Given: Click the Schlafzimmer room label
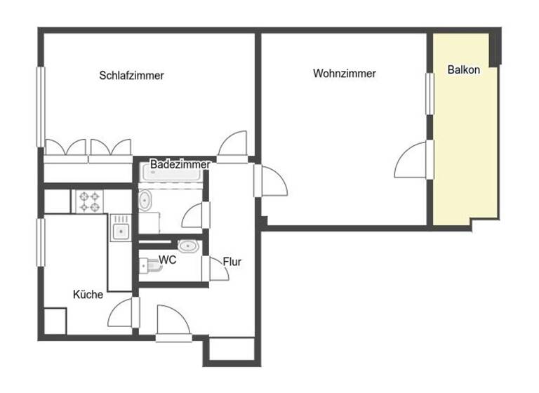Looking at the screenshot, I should pos(131,75).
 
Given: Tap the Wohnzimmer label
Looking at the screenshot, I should pos(344,73).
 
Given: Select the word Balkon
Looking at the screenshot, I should pos(463,70).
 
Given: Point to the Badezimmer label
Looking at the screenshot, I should pos(180,164).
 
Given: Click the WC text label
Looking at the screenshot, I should pos(167,260).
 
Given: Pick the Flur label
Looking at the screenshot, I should pos(232,262).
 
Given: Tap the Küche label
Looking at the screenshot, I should pos(88,295).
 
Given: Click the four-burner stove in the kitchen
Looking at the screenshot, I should pos(89,201).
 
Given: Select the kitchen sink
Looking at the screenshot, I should pos(120,229).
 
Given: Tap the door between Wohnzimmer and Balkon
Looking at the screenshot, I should pos(413,160).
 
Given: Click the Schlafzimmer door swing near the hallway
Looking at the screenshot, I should pos(232,145).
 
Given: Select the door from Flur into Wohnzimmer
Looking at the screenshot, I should pos(269,181).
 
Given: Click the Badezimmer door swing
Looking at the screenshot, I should pos(195,215).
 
